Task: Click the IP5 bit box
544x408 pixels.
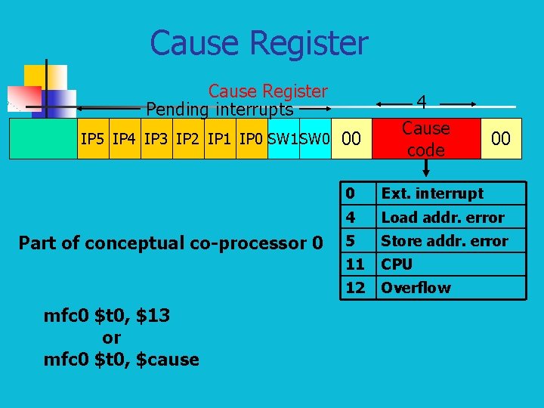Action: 93,138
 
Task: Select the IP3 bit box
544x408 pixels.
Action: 156,138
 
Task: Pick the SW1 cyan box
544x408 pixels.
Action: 283,138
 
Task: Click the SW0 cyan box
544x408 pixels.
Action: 315,138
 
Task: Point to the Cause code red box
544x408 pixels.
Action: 426,138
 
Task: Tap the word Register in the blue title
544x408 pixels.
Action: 314,43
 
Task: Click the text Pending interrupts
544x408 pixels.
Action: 219,110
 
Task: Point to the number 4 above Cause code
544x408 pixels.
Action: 422,102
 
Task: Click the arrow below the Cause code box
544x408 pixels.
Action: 425,169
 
